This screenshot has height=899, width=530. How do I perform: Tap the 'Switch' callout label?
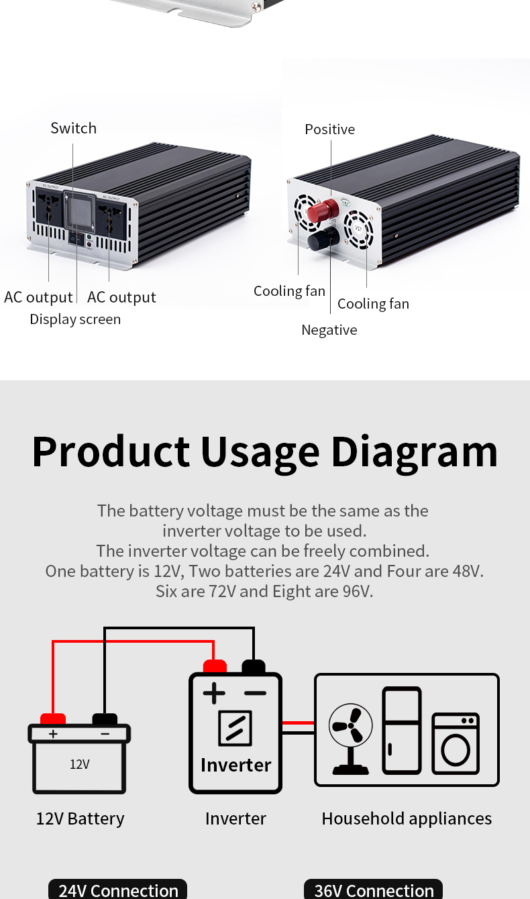click(x=73, y=128)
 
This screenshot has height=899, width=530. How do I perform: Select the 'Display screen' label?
click(x=75, y=319)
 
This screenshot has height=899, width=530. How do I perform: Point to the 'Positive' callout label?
click(x=329, y=129)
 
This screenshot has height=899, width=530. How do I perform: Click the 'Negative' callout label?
click(x=329, y=330)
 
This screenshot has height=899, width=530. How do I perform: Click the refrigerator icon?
click(x=402, y=730)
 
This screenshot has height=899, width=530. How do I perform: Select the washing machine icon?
click(x=456, y=743)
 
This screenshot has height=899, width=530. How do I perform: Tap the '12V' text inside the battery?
click(x=79, y=764)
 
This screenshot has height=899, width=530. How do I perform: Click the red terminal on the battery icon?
click(x=53, y=719)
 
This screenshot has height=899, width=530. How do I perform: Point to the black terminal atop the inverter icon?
click(x=254, y=666)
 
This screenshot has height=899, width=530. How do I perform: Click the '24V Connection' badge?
click(x=118, y=890)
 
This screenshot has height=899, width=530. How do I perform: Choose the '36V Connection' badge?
click(x=374, y=890)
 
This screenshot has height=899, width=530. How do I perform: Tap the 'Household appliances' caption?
click(x=407, y=818)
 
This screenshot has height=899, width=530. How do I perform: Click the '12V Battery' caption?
click(x=80, y=818)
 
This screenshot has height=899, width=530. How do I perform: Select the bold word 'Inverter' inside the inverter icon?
click(x=235, y=765)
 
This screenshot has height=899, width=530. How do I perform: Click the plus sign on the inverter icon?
click(x=213, y=692)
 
